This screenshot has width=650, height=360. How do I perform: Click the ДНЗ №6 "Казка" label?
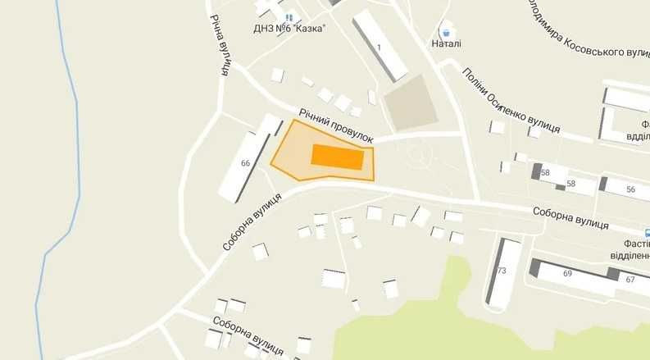coord(289,27)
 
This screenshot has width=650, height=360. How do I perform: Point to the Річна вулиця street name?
coord(218,45)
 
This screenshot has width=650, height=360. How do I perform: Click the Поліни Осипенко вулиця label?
coord(511,100)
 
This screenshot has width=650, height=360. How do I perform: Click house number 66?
coord(245,163)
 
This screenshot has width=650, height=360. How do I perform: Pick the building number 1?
coord(379,47)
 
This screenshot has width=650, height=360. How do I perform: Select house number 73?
coord(501,271)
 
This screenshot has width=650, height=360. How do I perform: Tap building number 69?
coord(567,274)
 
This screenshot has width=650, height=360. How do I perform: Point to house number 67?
coord(630,280)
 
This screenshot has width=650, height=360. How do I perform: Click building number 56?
coord(630,189)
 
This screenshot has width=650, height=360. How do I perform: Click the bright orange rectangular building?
coord(338,157)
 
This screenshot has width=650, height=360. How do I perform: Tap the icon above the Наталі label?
coord(445,30)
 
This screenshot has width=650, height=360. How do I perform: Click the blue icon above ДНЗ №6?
coord(288,16)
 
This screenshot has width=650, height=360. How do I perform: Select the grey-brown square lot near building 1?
coord(412,103)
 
